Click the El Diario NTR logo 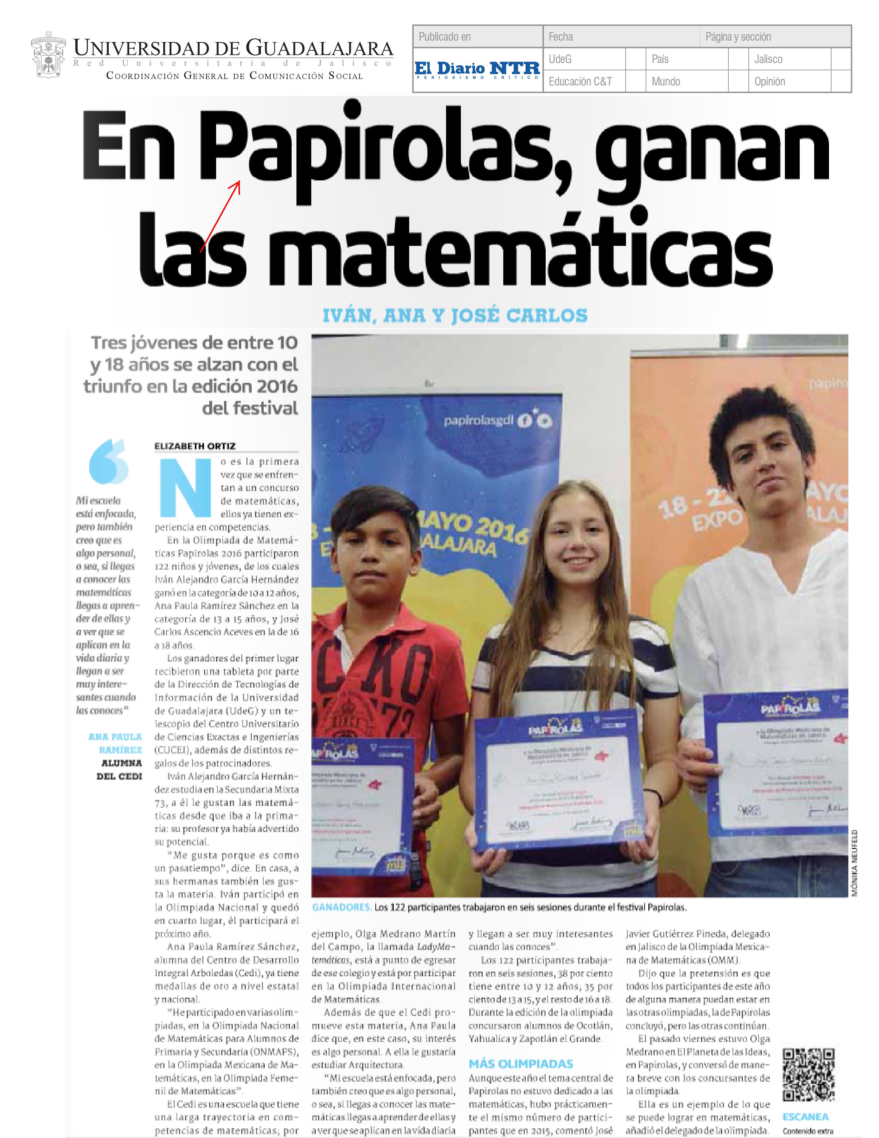tap(477, 70)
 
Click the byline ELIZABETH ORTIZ tap(195, 446)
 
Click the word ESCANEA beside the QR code tap(805, 1117)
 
